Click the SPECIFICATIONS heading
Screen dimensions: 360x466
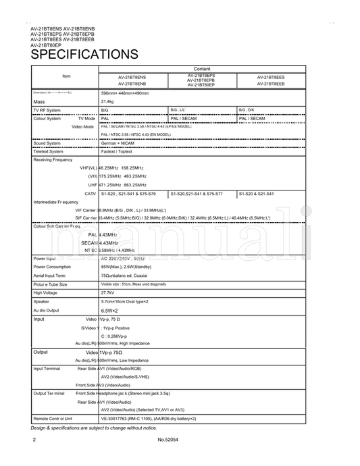pyautogui.click(x=84, y=54)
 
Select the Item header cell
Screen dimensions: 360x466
pyautogui.click(x=66, y=76)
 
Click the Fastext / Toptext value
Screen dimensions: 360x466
pyautogui.click(x=116, y=151)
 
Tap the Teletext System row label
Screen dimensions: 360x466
pyautogui.click(x=49, y=151)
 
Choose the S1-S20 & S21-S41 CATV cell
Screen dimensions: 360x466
pyautogui.click(x=257, y=193)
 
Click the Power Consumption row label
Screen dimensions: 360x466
pyautogui.click(x=54, y=267)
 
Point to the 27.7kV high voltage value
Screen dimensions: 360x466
pyautogui.click(x=107, y=292)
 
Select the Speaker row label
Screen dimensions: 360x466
pyautogui.click(x=43, y=301)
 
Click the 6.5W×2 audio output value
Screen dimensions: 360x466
pyautogui.click(x=111, y=310)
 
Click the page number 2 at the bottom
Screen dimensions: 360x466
pyautogui.click(x=33, y=440)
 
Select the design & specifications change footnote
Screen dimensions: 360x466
pyautogui.click(x=93, y=428)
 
